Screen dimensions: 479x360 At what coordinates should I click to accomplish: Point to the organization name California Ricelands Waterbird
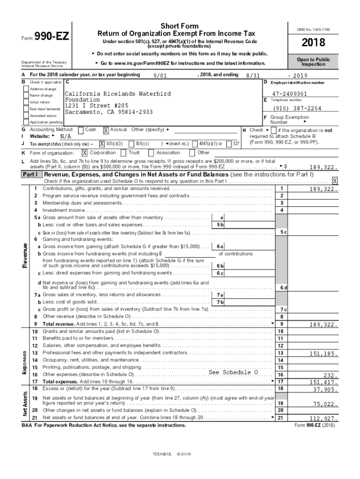coord(117,94)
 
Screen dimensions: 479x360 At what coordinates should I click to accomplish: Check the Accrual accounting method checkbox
coord(106,130)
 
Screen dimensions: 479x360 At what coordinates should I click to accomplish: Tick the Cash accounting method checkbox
coord(81,130)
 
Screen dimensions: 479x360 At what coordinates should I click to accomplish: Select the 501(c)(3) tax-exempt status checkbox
coord(102,144)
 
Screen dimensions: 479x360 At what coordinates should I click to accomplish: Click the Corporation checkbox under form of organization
coord(85,152)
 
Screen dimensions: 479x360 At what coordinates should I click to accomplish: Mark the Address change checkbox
coord(27,89)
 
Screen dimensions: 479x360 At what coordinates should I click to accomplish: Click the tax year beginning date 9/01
coord(159,76)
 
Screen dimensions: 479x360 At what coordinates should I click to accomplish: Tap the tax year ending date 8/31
coord(252,76)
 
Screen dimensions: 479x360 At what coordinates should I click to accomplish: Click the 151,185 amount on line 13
coord(324,354)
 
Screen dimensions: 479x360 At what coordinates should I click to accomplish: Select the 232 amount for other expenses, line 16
coord(331,375)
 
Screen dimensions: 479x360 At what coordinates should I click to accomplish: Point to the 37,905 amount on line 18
coord(325,389)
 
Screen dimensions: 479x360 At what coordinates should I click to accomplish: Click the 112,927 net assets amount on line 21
coord(324,418)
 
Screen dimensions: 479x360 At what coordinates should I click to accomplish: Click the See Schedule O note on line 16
coord(233,372)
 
